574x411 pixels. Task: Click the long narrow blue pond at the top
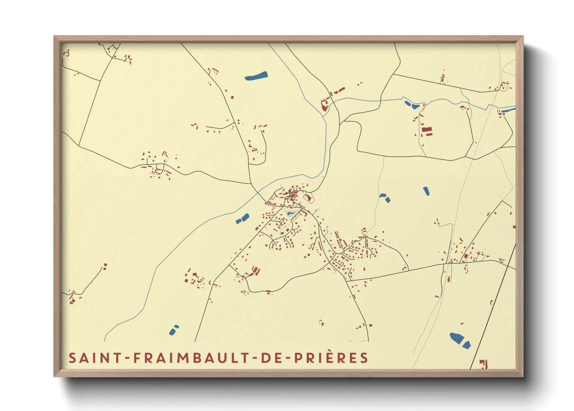coord(256,75)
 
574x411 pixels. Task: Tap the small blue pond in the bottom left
coord(173,331)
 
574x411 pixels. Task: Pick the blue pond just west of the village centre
coord(242,219)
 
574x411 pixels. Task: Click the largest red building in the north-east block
coord(427,131)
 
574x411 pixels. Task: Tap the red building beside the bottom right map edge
coord(483,364)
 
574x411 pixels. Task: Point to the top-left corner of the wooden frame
coord(55,37)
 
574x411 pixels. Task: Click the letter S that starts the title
coord(72,358)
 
